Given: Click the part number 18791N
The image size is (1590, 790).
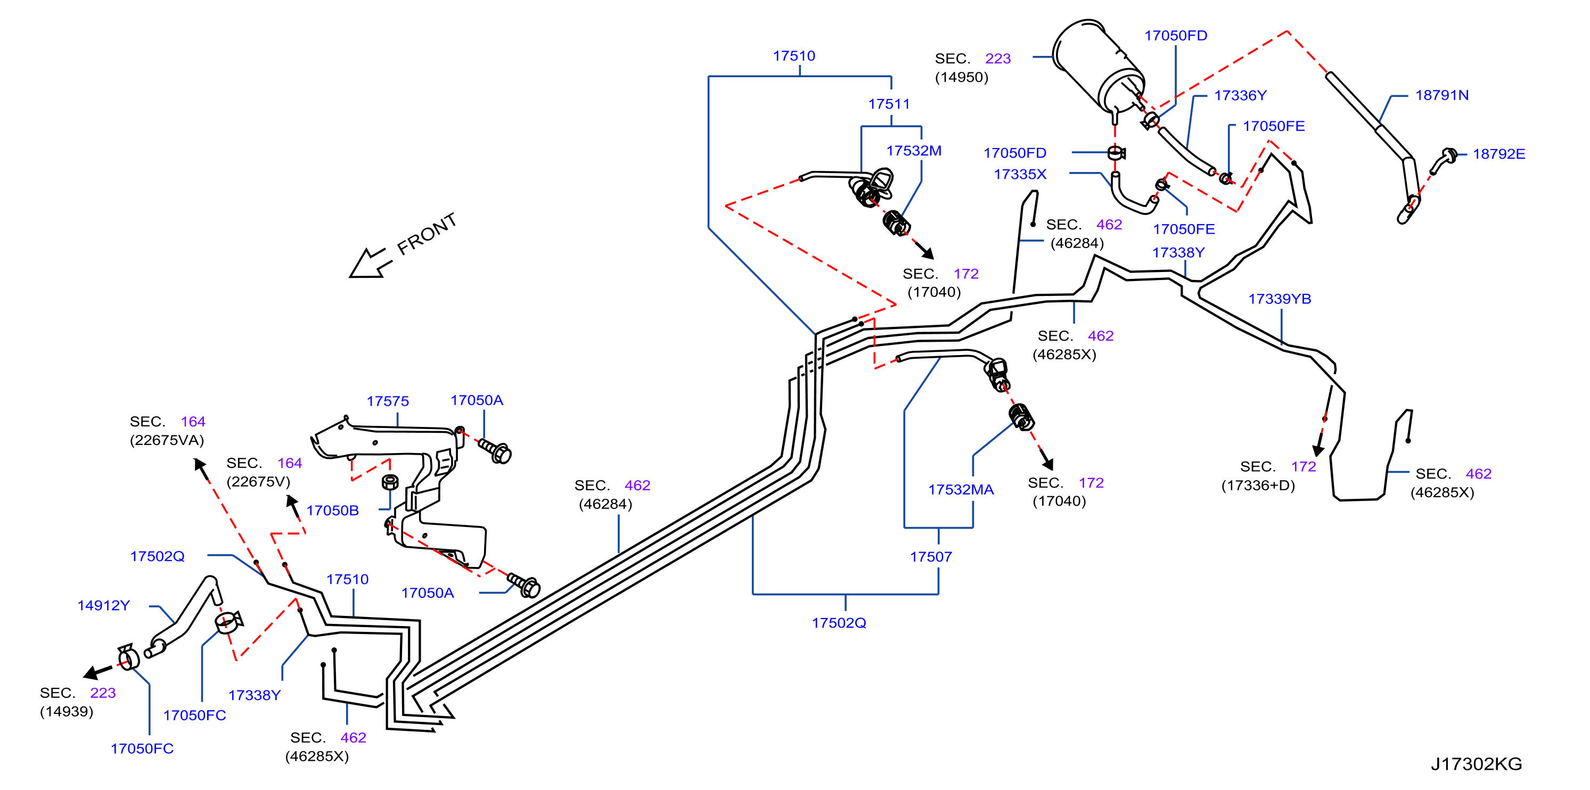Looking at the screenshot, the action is coord(1442,95).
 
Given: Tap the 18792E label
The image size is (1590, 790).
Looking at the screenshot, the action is coord(1498,154).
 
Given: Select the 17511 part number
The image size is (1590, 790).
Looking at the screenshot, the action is coord(889,104).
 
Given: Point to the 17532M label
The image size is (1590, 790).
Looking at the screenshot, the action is coord(914,151).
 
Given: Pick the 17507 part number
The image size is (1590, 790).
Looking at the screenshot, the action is coord(931,557).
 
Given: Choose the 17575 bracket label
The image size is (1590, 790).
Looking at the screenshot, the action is coord(388,401).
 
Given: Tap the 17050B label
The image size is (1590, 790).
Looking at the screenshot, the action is coord(333,511).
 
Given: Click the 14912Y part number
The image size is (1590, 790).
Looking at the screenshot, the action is coord(104,605).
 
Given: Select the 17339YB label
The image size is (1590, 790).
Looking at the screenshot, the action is coord(1280,299).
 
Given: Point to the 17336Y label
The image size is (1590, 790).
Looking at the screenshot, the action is coord(1240,96).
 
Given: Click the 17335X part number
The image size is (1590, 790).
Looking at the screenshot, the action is coord(1020,174).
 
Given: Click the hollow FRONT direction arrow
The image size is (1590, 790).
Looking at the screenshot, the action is coord(369,264).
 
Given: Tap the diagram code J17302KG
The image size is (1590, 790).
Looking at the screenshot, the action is coord(1477,764).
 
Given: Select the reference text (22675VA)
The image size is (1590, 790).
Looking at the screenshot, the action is coord(167,440).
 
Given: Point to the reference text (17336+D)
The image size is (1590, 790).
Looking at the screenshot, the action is coord(1258,485).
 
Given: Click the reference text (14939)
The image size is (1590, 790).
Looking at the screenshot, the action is coord(67,712).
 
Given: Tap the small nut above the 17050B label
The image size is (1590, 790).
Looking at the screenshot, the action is coord(390,482).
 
